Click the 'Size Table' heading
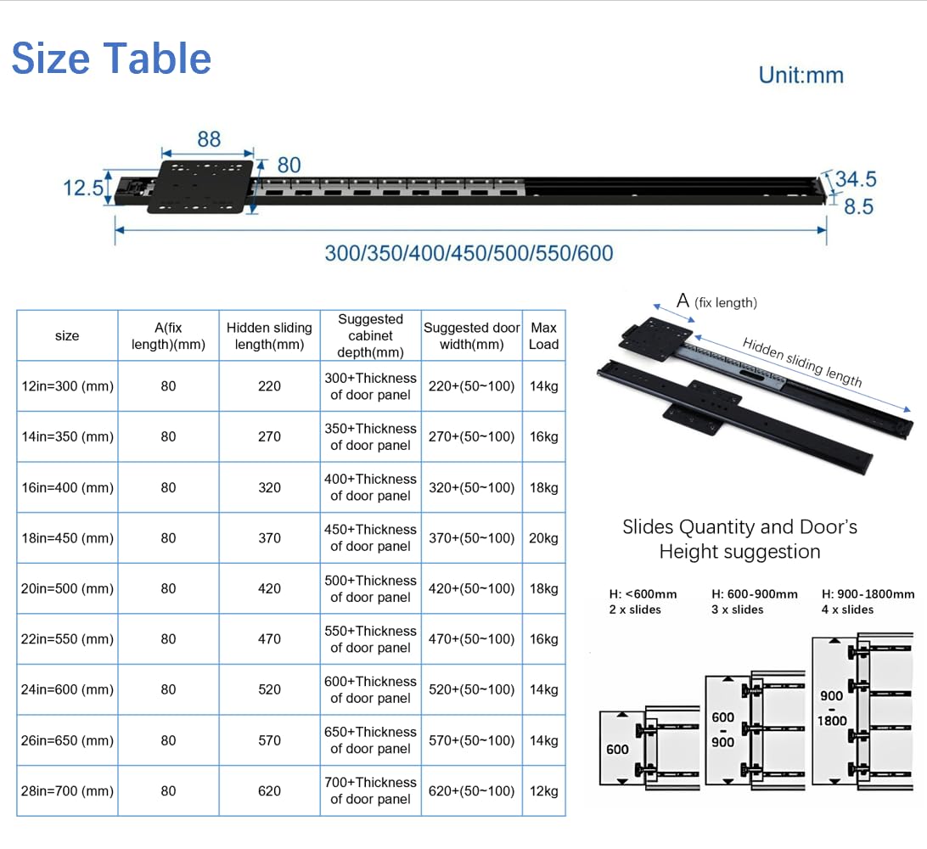(x=111, y=59)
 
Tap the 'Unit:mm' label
(x=801, y=75)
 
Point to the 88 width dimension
(x=209, y=139)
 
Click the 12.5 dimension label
(x=83, y=188)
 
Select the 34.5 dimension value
(x=856, y=178)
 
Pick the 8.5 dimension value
(x=858, y=206)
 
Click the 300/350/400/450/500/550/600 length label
(x=469, y=253)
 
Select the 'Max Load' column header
(x=544, y=336)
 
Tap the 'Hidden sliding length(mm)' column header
(x=269, y=336)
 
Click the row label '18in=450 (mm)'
(x=67, y=538)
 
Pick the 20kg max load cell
(x=544, y=538)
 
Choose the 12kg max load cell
(x=544, y=791)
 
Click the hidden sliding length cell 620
(x=269, y=791)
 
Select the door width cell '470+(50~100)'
(x=472, y=639)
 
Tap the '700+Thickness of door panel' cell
(x=371, y=790)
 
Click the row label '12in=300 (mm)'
(x=67, y=386)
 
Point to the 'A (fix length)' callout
(x=716, y=301)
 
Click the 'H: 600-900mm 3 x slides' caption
(x=755, y=602)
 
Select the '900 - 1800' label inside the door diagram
(x=832, y=708)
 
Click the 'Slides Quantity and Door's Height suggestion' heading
(x=739, y=538)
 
